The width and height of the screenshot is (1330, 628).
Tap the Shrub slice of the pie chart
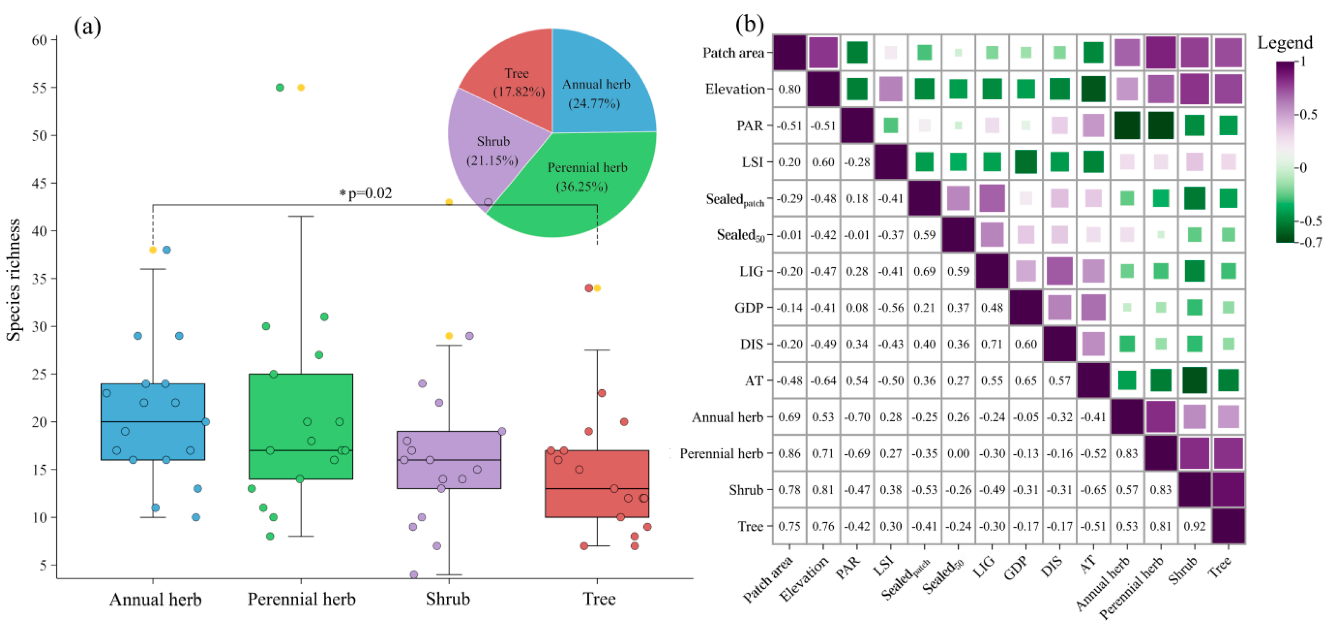490,150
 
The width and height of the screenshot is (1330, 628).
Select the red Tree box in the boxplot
597,483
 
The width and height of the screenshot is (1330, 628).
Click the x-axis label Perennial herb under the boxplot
301,599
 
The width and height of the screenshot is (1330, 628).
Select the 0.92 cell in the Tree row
1194,526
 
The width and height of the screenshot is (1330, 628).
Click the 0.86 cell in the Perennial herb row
789,453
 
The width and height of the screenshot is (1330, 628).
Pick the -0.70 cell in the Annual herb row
857,417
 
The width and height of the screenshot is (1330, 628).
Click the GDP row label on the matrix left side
749,308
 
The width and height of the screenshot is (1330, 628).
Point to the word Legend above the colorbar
1285,42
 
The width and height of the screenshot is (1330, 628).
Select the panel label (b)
749,24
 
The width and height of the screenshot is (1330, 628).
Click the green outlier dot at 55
280,88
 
